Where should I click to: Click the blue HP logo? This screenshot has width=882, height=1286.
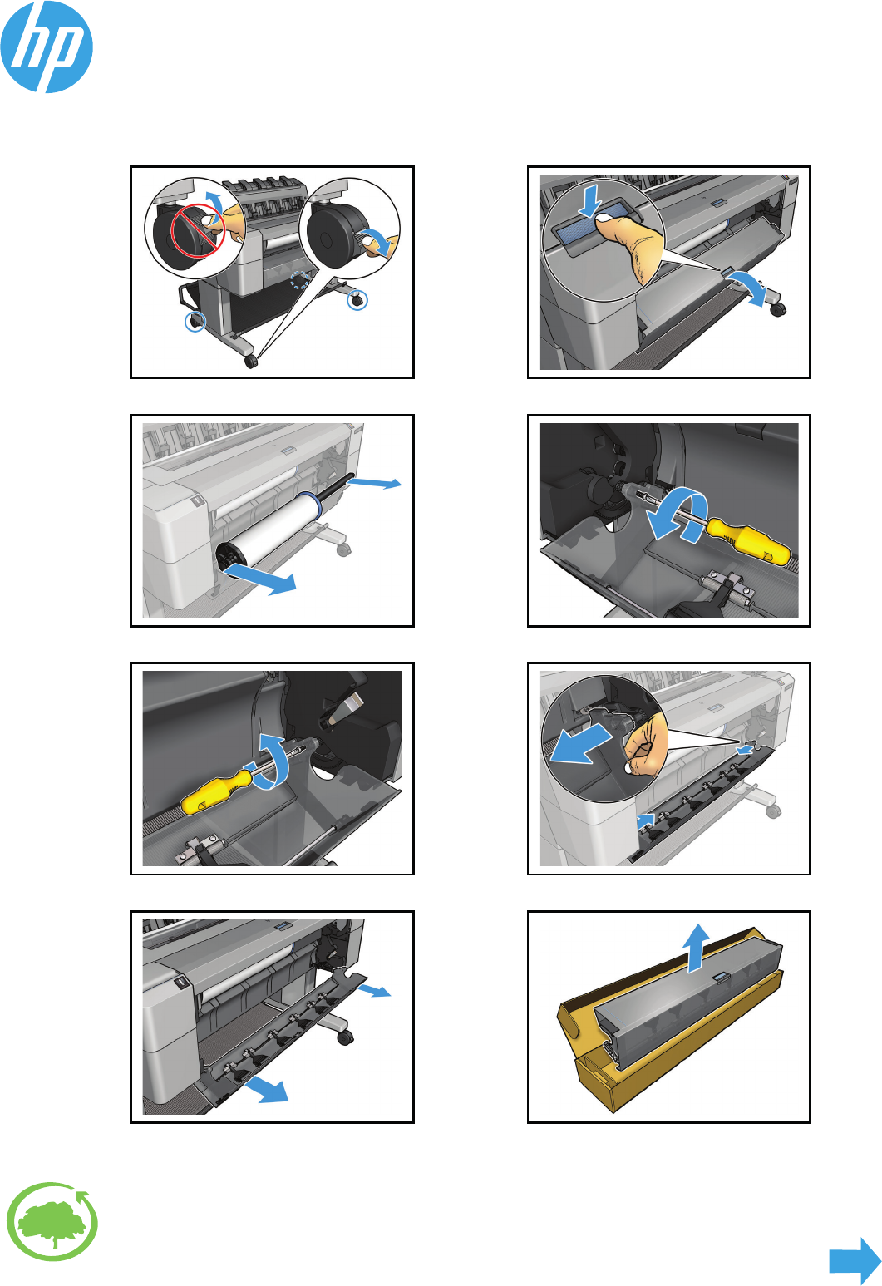pyautogui.click(x=47, y=47)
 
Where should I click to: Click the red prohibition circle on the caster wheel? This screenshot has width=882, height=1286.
pyautogui.click(x=197, y=231)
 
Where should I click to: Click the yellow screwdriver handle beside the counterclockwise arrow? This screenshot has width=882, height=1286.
pyautogui.click(x=749, y=539)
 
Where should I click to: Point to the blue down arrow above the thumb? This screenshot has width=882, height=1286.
pyautogui.click(x=589, y=201)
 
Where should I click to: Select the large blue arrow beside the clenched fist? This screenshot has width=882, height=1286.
pyautogui.click(x=580, y=743)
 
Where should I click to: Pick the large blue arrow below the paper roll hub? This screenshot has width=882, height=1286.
pyautogui.click(x=262, y=579)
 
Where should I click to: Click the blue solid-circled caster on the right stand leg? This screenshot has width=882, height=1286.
pyautogui.click(x=357, y=300)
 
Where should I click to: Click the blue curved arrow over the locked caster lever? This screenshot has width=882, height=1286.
pyautogui.click(x=214, y=202)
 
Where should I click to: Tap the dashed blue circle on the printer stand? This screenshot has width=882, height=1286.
pyautogui.click(x=300, y=280)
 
